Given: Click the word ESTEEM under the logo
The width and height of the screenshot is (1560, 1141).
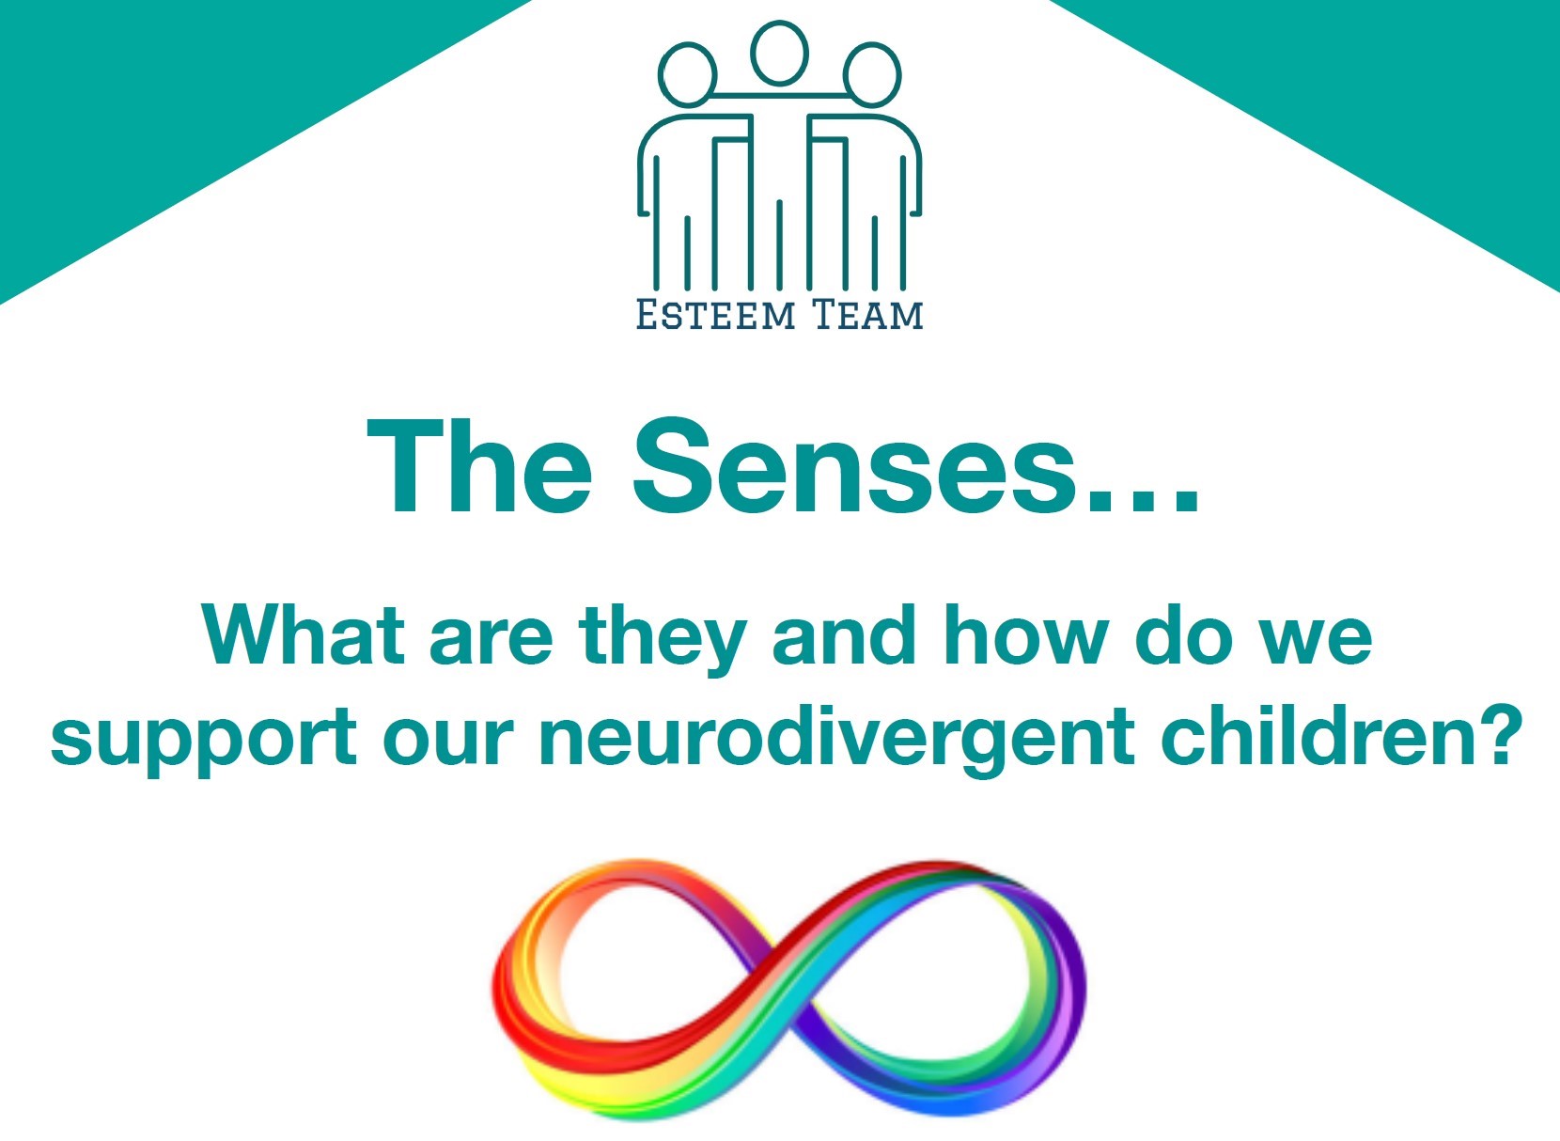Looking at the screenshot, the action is [x=715, y=314].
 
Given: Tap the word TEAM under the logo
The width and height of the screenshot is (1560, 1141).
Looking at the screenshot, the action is [x=867, y=314].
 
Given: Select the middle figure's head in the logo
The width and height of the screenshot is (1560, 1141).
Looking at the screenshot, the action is [x=779, y=54].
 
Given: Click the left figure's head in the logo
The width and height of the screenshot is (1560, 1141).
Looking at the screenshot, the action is [x=687, y=75].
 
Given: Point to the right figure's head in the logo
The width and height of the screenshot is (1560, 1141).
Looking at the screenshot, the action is [x=872, y=75].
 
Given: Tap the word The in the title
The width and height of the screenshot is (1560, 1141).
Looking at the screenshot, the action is [x=480, y=465].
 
